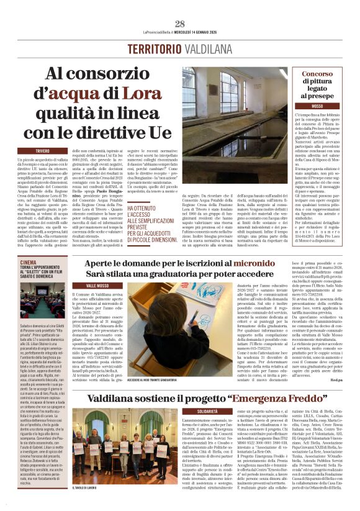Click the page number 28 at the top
pos(179,24)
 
